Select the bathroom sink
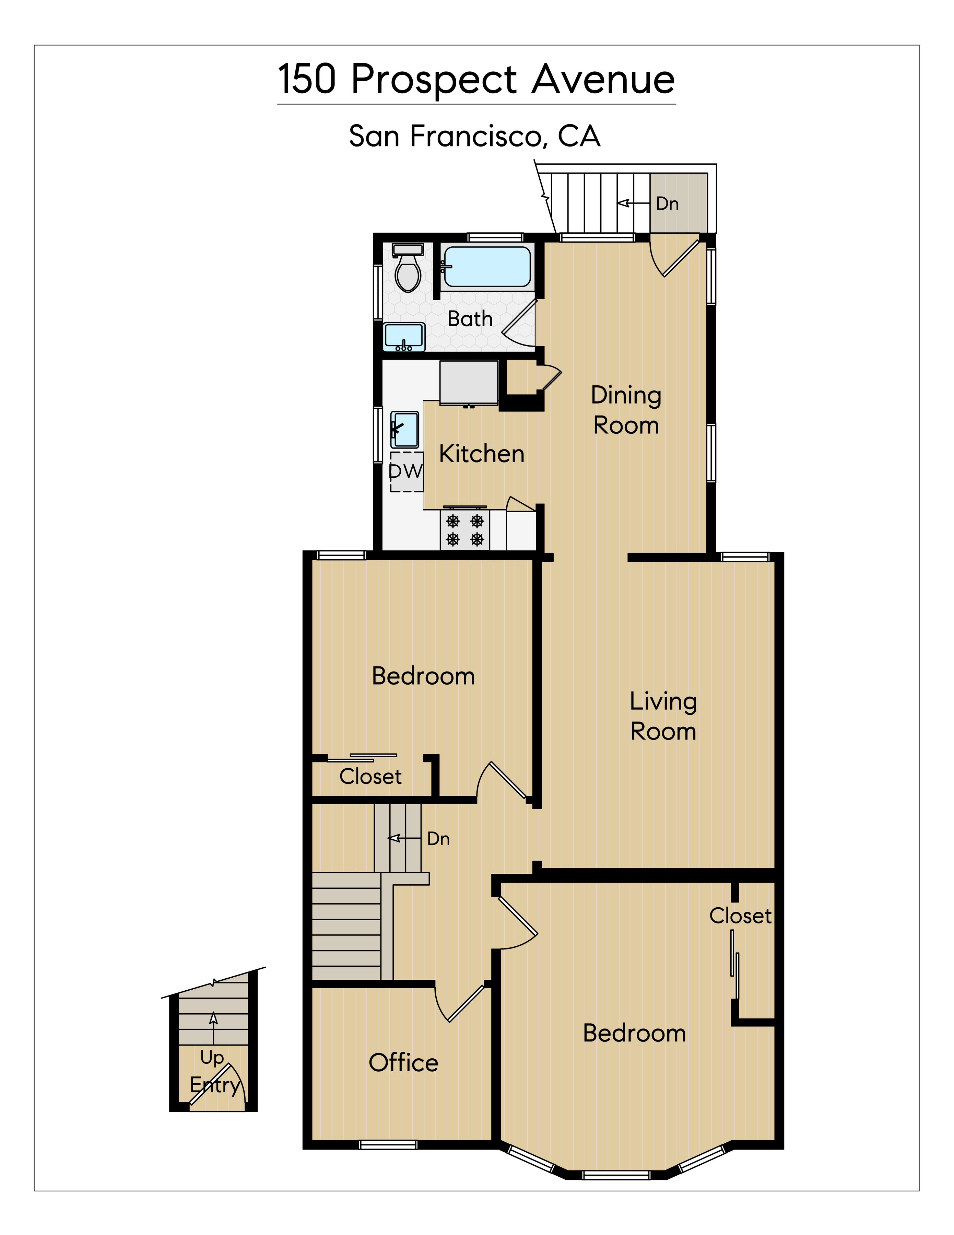404,337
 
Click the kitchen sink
405,430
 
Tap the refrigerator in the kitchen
469,383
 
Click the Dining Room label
626,410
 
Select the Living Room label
663,716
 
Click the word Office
403,1063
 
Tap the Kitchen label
482,454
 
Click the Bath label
470,319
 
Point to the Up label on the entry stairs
212,1057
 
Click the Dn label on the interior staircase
438,839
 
